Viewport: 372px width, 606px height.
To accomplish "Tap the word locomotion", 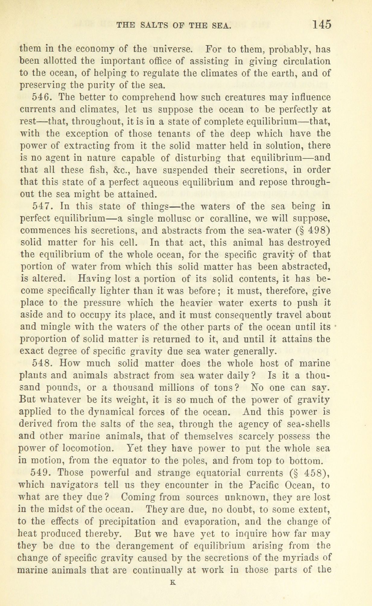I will [x=80, y=448].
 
